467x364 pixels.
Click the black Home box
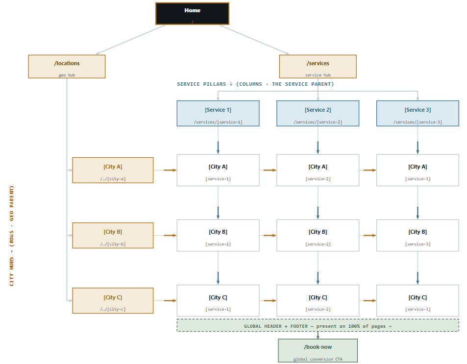[192, 13]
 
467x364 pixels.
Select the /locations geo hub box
[67, 67]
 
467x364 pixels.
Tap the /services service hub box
[318, 67]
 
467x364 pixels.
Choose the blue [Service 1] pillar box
[218, 113]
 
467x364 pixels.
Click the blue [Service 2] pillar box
[318, 113]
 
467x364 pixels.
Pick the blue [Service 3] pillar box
[418, 113]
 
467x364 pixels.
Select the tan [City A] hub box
[113, 170]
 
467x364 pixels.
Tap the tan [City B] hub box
[113, 235]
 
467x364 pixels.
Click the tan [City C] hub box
[113, 300]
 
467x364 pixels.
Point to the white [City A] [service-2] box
[318, 170]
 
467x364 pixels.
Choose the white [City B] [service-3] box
[418, 235]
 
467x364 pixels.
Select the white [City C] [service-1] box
[218, 300]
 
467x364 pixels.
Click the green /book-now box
[318, 351]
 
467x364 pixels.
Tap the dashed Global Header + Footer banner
[318, 325]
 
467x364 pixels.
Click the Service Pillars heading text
[255, 84]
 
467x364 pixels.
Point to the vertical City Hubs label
[11, 236]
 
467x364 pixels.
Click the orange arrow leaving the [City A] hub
[165, 170]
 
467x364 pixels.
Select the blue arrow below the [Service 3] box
[418, 140]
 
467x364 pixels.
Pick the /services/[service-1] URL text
[218, 122]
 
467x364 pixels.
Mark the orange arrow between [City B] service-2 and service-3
[368, 235]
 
